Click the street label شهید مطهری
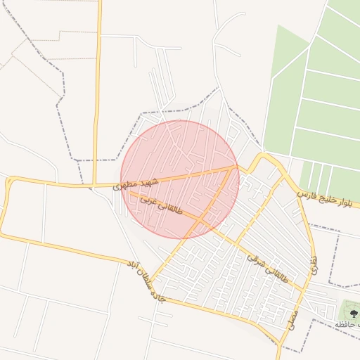tap(136, 184)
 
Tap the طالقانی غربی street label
tap(162, 205)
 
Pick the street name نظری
tap(313, 264)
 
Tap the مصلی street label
tap(292, 319)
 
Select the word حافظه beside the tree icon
tap(346, 323)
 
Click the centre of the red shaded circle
tap(180, 179)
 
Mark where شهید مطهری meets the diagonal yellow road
tap(235, 167)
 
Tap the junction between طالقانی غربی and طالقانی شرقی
tap(201, 221)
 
